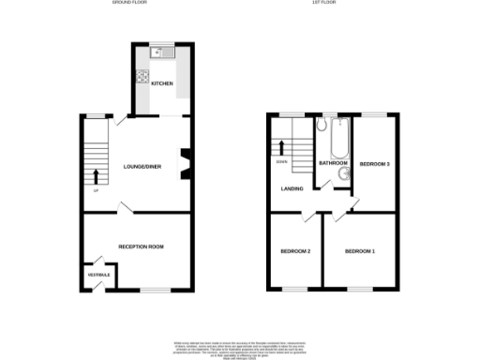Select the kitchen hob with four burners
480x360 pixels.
pos(143,78)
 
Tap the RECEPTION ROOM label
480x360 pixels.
pos(141,247)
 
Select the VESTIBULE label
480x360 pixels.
pos(98,274)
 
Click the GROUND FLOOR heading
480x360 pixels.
pos(131,4)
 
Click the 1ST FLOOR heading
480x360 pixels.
pos(324,4)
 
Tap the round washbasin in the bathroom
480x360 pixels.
pos(342,172)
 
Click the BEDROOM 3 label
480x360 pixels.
pos(375,164)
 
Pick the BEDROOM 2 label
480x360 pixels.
pos(295,251)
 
